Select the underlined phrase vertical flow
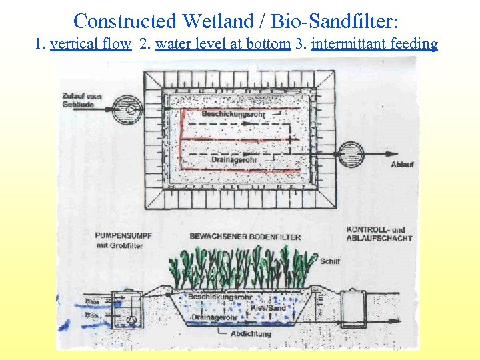click(90, 45)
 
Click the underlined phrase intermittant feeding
click(374, 45)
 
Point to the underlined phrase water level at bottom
click(223, 45)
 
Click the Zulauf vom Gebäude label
click(81, 100)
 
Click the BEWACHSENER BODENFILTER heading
click(245, 237)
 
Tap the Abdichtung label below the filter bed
click(251, 334)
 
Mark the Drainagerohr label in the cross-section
click(214, 317)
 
